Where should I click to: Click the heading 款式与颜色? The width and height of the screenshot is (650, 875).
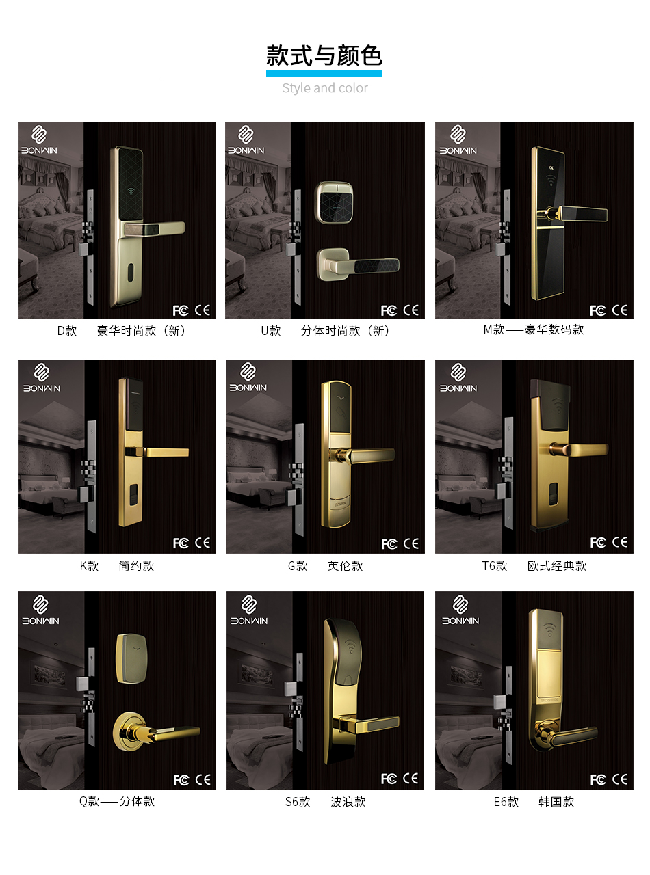(324, 55)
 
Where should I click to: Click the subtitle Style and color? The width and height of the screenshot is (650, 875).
(324, 88)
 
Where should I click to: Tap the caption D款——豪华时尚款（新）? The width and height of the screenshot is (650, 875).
(121, 331)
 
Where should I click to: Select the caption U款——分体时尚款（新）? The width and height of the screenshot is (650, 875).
(326, 331)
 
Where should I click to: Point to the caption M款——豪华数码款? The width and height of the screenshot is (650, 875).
(534, 329)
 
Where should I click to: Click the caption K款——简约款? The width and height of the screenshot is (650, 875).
(117, 566)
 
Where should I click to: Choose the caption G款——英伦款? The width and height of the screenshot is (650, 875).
(325, 566)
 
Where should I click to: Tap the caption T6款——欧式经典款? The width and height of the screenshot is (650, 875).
(534, 566)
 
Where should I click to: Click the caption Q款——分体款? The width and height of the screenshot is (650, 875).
(117, 801)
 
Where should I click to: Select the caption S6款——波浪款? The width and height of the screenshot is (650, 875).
(326, 802)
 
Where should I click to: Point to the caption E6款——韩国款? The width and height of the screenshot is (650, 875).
(534, 802)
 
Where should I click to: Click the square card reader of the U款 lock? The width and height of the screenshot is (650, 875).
(334, 203)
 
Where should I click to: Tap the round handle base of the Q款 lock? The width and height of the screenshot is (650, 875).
(130, 731)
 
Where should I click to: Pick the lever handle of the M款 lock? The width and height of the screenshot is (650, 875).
(577, 214)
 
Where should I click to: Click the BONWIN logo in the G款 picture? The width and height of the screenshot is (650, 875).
(248, 377)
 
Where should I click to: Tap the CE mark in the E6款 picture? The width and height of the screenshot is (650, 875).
(620, 779)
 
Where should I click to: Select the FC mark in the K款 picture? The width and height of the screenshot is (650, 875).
(181, 543)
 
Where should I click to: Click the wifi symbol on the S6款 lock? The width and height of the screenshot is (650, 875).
(350, 645)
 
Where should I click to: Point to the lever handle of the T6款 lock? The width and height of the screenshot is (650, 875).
(579, 449)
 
